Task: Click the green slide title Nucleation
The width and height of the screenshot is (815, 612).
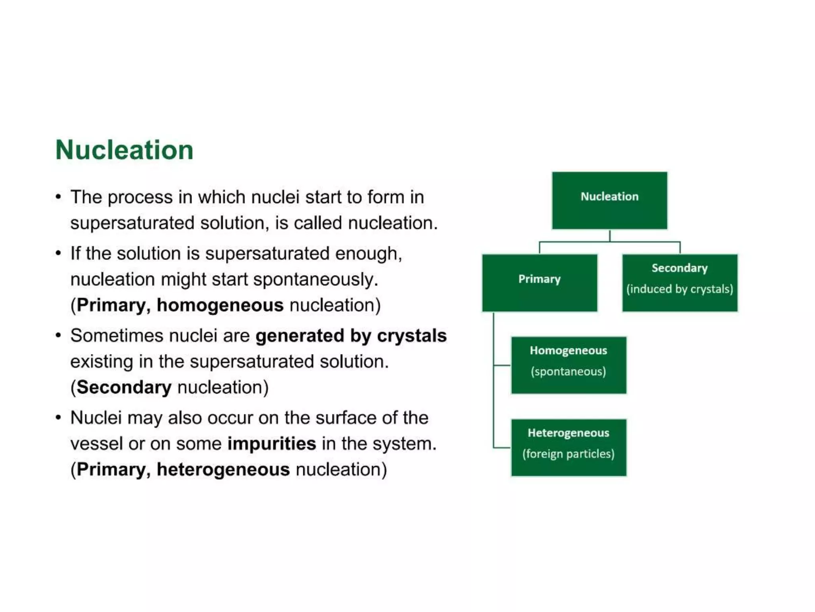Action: [x=124, y=150]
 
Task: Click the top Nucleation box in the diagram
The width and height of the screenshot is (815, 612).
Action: [x=609, y=200]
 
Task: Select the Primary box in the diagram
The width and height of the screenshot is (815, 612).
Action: [x=539, y=282]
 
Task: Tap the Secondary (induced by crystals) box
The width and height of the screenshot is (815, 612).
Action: [x=679, y=282]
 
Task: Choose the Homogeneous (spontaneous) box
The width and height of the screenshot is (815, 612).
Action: [x=568, y=365]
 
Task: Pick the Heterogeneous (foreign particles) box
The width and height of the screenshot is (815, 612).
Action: [x=568, y=447]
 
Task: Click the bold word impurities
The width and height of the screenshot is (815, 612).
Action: [x=271, y=443]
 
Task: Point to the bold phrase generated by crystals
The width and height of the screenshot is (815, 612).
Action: [x=351, y=335]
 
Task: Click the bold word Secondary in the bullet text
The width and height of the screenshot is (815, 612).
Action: [x=124, y=387]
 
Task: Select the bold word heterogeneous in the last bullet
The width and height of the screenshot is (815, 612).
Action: [x=223, y=469]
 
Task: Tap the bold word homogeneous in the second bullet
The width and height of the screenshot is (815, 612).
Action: [x=220, y=305]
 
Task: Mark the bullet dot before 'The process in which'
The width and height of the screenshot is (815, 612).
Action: [x=58, y=197]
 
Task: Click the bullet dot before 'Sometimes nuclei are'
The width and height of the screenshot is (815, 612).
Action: [x=58, y=335]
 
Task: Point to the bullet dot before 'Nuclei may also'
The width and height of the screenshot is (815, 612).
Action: [x=58, y=418]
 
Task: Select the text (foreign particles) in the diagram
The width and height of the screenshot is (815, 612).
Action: [x=568, y=454]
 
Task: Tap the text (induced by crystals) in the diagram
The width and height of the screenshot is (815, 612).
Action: [x=679, y=289]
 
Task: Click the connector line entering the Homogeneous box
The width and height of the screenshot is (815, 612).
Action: [x=502, y=365]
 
